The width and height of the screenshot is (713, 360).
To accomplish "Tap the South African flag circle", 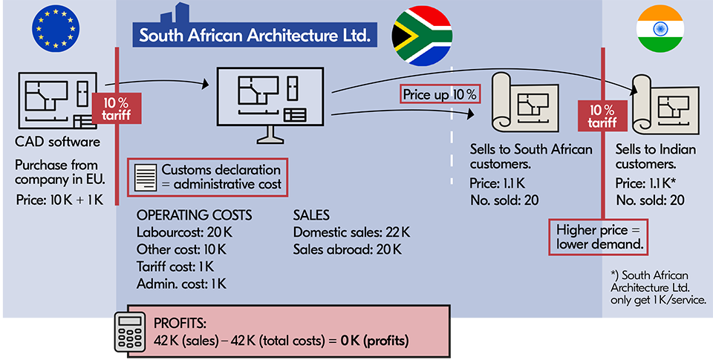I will click(421, 34).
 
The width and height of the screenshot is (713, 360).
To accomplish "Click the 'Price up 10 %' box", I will click(440, 95).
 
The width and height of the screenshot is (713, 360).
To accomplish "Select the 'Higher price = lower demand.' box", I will click(599, 237).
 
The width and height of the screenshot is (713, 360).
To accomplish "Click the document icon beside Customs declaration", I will click(146, 177).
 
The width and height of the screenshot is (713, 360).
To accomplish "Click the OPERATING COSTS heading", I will click(195, 215).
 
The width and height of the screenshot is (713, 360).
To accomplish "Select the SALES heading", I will click(313, 215).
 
